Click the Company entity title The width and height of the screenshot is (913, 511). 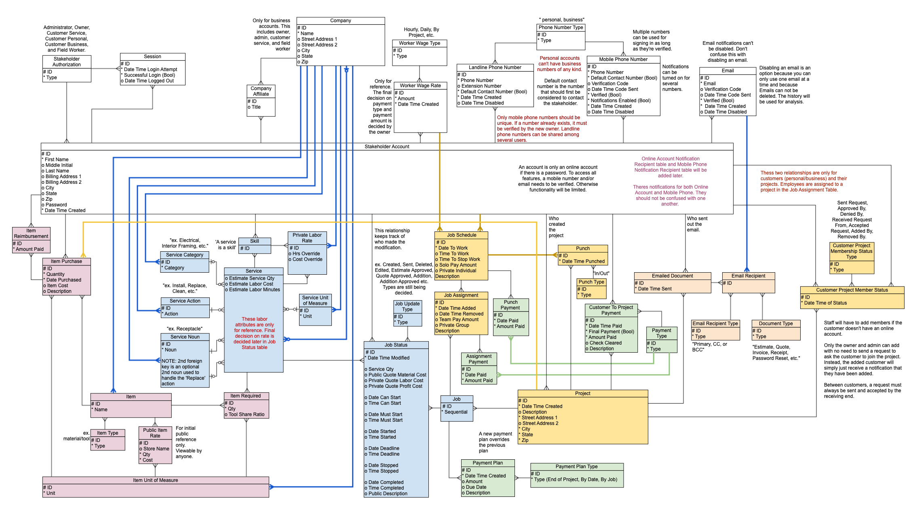(340, 21)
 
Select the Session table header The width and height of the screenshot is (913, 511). (152, 57)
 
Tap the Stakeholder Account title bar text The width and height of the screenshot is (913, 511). (387, 147)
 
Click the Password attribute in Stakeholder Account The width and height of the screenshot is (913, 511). (56, 205)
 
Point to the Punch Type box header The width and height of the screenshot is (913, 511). (591, 282)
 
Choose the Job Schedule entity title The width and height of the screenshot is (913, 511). (461, 235)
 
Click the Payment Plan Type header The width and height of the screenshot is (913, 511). (576, 467)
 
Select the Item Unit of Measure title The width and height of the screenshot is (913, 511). (156, 480)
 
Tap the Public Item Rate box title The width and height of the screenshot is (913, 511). (155, 433)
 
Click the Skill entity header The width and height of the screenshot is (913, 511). (255, 241)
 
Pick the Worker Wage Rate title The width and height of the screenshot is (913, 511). (420, 86)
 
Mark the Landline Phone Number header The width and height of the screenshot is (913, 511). (495, 67)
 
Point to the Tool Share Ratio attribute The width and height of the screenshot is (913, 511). (247, 414)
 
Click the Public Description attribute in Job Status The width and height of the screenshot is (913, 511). (388, 494)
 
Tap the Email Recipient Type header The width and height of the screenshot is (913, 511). (715, 324)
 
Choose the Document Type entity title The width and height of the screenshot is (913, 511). (776, 324)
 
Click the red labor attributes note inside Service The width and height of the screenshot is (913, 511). (255, 333)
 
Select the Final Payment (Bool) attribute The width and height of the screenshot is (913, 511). (611, 332)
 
